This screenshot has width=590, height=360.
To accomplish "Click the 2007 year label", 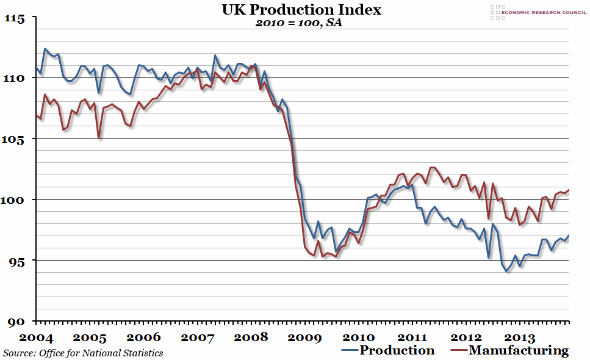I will click(198, 337).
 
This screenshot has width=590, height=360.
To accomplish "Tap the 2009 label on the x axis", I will click(304, 337).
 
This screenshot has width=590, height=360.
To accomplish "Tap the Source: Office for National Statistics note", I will click(83, 353).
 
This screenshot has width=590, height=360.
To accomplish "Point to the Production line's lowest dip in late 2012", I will click(506, 271).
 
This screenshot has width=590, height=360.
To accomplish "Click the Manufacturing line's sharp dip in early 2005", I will click(99, 139).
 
